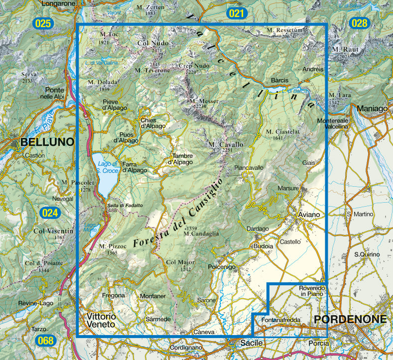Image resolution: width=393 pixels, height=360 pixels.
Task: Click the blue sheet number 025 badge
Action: (x=43, y=23)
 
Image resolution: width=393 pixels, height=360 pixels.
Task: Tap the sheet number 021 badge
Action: (x=236, y=13)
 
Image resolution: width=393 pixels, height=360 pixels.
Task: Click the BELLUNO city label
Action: (x=47, y=142)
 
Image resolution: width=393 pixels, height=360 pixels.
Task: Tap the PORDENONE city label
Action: (x=350, y=319)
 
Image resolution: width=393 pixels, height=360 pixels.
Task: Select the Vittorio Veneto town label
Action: (x=101, y=320)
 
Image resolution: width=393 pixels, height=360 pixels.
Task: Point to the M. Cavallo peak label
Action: (x=226, y=145)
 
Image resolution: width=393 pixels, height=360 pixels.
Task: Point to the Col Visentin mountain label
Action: (x=53, y=231)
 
